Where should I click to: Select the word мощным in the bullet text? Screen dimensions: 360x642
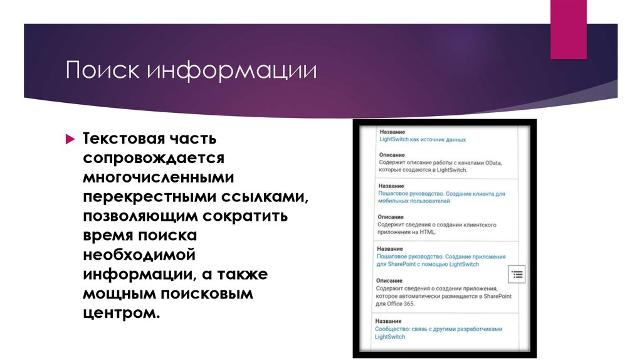[x=117, y=294]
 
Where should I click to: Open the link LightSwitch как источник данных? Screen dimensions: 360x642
[x=423, y=140]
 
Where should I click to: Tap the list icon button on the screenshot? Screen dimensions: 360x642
[x=517, y=274]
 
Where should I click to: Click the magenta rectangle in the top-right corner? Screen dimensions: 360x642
[x=568, y=29]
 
